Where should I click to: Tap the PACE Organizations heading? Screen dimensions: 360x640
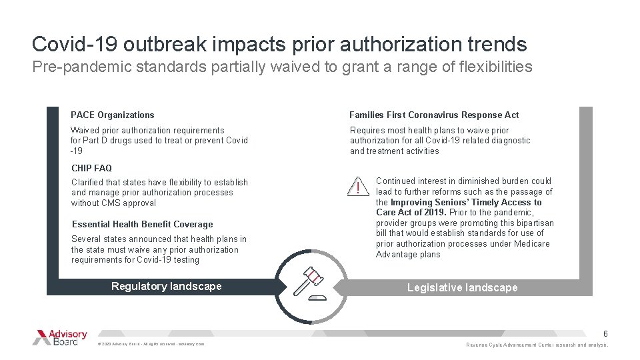click(113, 115)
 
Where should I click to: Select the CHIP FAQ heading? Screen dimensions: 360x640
click(91, 168)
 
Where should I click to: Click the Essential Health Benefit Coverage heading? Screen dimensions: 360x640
click(142, 224)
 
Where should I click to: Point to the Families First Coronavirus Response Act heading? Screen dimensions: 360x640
click(434, 115)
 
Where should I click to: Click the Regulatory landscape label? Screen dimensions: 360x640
click(166, 286)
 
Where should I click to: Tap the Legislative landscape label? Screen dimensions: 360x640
click(462, 287)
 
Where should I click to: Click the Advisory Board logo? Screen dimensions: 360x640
click(60, 337)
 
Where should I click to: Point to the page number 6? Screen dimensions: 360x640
click(605, 333)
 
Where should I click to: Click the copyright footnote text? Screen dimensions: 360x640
click(151, 343)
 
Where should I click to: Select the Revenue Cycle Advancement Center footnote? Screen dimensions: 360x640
click(537, 345)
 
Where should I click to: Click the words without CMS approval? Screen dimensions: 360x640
click(113, 203)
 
